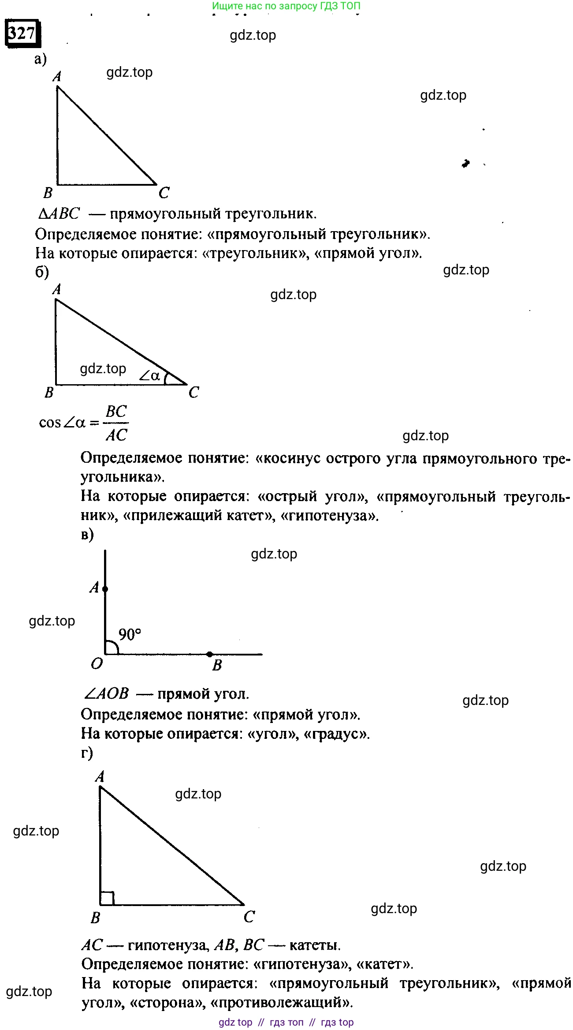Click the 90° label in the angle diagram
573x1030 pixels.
130,634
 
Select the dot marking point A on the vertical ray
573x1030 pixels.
105,589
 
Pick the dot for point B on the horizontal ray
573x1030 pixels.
210,654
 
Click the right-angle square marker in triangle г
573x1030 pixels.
107,898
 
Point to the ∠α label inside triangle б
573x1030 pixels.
150,375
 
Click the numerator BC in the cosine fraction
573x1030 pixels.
116,412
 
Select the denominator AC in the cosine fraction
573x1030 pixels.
116,435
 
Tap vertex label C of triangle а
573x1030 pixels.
164,192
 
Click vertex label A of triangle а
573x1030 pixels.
57,76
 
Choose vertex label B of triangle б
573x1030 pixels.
49,392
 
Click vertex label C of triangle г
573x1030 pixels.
249,917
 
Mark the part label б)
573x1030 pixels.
42,272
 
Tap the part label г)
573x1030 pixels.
87,752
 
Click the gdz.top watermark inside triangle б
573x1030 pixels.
103,368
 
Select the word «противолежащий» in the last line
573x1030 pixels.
282,1002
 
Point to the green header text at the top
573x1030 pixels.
286,6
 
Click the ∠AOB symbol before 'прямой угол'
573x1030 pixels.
106,693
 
